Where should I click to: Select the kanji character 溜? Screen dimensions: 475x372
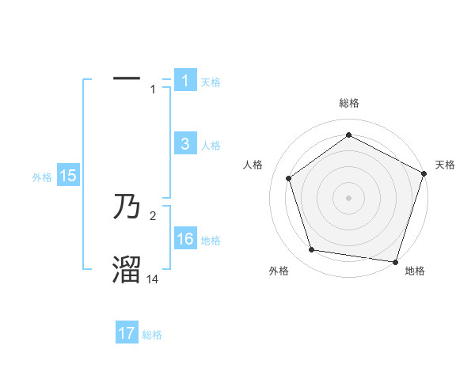[x=127, y=270]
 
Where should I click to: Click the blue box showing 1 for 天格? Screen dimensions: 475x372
[x=185, y=80]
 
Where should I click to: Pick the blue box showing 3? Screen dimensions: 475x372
[x=185, y=144]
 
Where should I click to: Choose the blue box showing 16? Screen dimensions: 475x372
[x=185, y=239]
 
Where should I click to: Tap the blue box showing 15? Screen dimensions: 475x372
[x=68, y=176]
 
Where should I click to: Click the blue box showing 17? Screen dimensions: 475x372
[x=127, y=333]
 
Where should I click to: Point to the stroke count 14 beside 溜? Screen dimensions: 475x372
[x=153, y=279]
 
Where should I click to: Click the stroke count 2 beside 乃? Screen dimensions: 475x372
[x=153, y=215]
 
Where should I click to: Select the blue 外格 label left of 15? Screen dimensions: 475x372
[x=42, y=177]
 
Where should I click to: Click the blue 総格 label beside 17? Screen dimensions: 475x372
[x=152, y=335]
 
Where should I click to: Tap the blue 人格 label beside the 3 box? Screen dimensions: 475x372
[x=211, y=146]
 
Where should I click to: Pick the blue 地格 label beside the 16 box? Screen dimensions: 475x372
[x=211, y=241]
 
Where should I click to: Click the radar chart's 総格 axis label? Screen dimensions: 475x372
[x=349, y=103]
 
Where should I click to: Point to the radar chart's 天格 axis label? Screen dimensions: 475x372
[x=445, y=165]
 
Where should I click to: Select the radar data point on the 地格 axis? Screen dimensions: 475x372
[x=395, y=261]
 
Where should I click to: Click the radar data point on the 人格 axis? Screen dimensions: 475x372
[x=289, y=178]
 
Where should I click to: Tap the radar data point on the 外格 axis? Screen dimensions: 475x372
[x=312, y=250]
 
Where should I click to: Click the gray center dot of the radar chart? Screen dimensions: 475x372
[x=349, y=197]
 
